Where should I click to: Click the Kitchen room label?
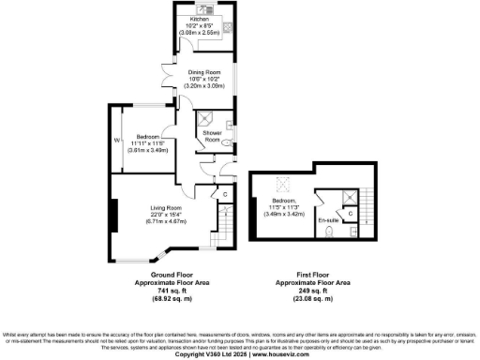point(199,18)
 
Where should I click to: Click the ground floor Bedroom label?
point(146,135)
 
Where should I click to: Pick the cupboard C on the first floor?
point(350,213)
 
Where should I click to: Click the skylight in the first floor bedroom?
point(277,184)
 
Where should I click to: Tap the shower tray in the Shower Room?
point(205,118)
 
